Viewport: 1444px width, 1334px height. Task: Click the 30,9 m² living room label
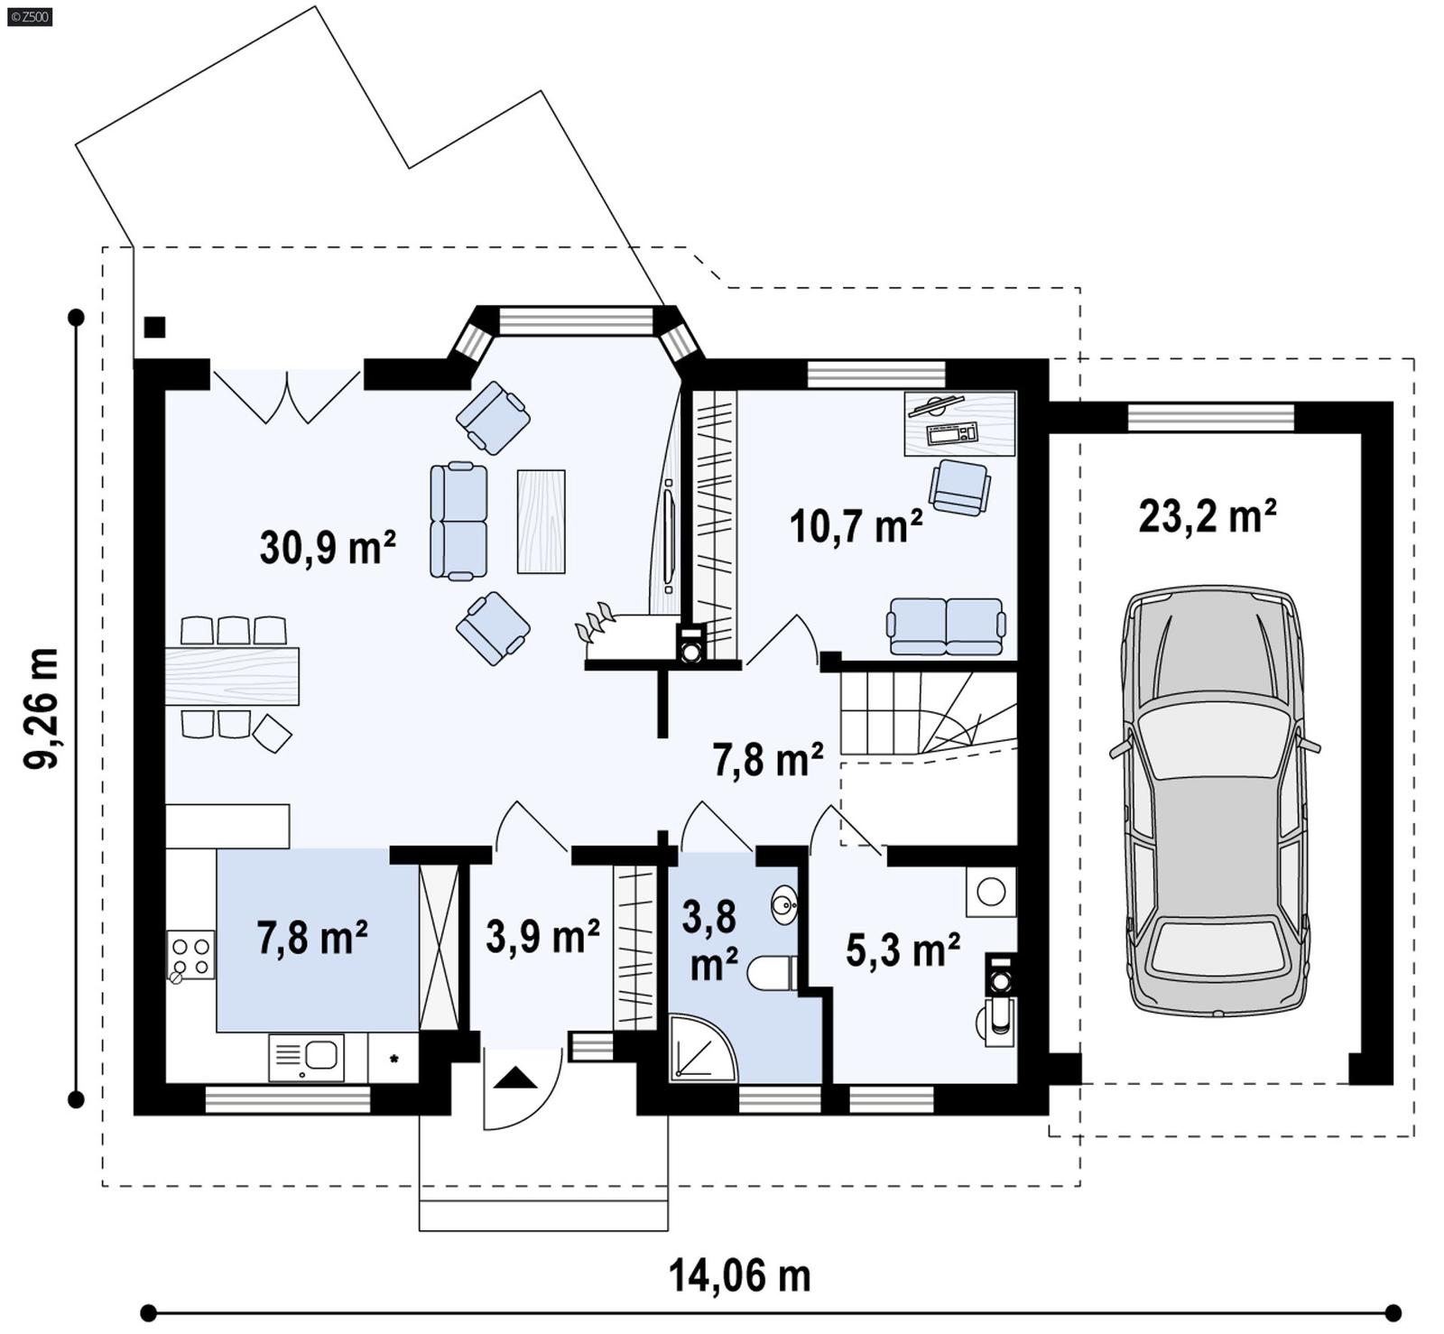pyautogui.click(x=328, y=548)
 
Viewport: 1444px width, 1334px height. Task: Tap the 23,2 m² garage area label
pyautogui.click(x=1207, y=517)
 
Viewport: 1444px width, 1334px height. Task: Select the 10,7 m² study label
pyautogui.click(x=856, y=526)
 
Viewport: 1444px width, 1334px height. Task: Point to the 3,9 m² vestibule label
pyautogui.click(x=542, y=936)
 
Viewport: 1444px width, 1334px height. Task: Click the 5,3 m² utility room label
pyautogui.click(x=902, y=950)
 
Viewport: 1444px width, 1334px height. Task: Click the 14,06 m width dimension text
pyautogui.click(x=739, y=1276)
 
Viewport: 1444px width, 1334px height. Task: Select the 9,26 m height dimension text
pyautogui.click(x=42, y=709)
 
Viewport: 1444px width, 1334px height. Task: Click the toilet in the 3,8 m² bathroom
pyautogui.click(x=772, y=973)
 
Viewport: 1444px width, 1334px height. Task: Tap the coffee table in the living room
pyautogui.click(x=541, y=522)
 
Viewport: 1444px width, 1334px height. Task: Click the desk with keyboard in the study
pyautogui.click(x=959, y=423)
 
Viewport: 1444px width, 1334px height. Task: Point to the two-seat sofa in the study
pyautogui.click(x=946, y=625)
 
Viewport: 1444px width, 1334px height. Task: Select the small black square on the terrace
pyautogui.click(x=155, y=327)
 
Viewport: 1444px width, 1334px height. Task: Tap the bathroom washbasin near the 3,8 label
pyautogui.click(x=783, y=903)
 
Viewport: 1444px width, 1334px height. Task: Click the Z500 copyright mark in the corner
pyautogui.click(x=29, y=15)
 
